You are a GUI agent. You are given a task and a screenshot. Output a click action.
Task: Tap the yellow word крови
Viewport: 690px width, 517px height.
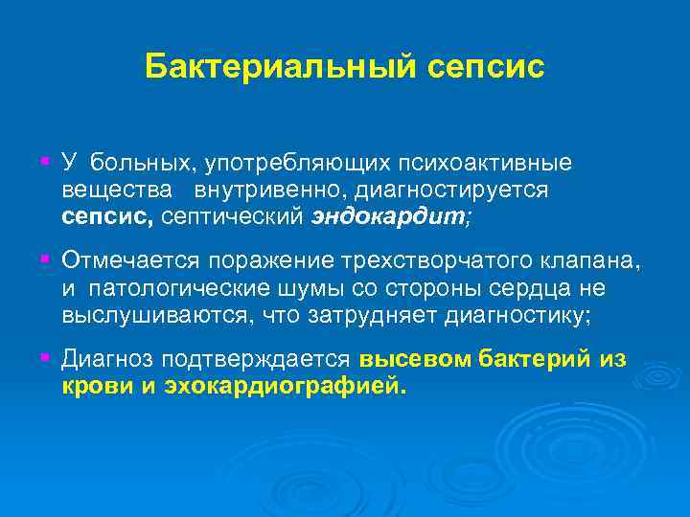click(x=93, y=385)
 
